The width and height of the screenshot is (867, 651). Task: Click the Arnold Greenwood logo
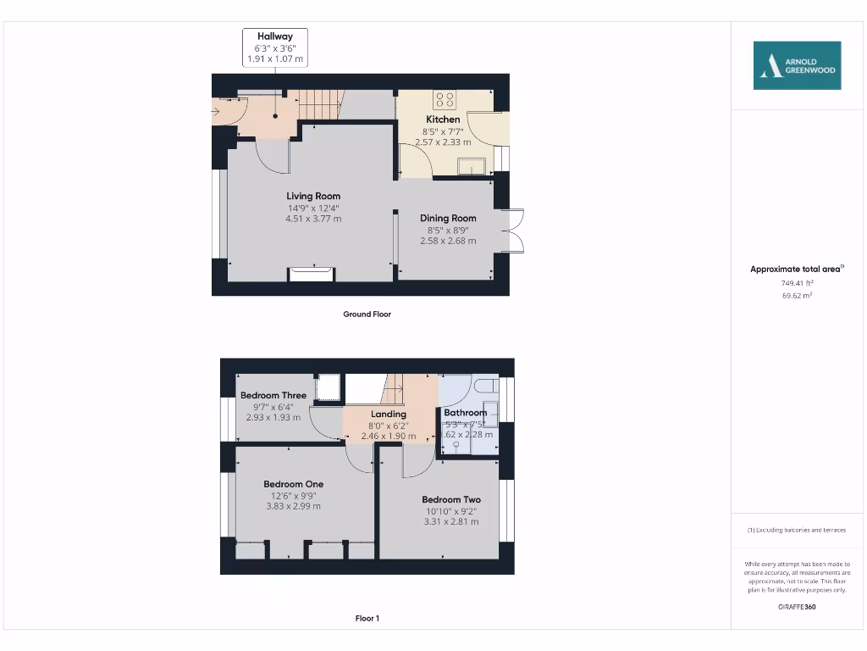pos(797,65)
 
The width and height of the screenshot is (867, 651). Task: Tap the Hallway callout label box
pos(275,47)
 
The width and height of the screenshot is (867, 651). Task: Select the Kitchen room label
pos(443,120)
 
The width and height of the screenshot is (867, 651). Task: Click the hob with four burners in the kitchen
pos(444,99)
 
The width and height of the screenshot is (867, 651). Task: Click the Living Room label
pos(313,196)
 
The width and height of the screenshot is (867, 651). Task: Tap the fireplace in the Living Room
pos(311,274)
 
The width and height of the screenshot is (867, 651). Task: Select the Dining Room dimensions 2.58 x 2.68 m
pos(448,241)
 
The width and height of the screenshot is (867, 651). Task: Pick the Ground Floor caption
pos(367,314)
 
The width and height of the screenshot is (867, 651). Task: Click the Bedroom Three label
pos(273,395)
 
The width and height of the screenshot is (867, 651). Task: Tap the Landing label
pos(388,414)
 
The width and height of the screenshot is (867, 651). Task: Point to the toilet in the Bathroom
pos(485,387)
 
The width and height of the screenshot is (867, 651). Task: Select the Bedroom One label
pos(293,484)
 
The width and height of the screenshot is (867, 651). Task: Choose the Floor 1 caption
pos(367,619)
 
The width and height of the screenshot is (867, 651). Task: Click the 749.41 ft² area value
pos(797,283)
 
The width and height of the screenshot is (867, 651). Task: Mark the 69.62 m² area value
pos(797,296)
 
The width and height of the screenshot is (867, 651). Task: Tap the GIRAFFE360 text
pos(797,607)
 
